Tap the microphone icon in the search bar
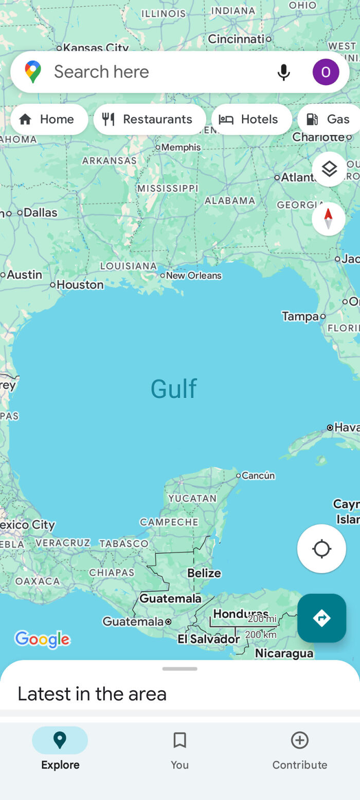point(283,72)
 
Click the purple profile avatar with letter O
point(326,72)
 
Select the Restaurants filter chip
point(150,119)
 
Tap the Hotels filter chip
point(251,119)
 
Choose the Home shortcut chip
point(49,119)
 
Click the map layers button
point(329,169)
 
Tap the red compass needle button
point(328,219)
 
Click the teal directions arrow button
point(321,617)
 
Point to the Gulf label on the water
point(173,389)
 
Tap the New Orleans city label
point(193,276)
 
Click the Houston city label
point(80,284)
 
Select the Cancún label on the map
point(258,476)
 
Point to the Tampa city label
point(300,316)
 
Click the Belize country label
point(204,573)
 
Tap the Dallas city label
point(40,212)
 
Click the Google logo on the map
point(42,639)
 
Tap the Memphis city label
point(181,148)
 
